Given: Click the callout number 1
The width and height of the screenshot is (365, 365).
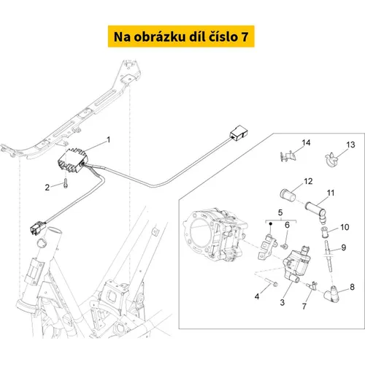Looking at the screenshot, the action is (109, 139).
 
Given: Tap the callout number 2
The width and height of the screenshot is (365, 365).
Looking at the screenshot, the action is (47, 188).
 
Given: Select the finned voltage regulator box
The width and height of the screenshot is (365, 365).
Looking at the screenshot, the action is (73, 161).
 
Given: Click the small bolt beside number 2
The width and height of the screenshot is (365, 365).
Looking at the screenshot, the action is (65, 183).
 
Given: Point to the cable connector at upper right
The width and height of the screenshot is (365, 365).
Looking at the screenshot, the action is (239, 132).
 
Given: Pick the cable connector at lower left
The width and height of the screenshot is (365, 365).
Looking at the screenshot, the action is (38, 228).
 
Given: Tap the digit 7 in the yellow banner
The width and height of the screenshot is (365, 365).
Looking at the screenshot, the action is (245, 37).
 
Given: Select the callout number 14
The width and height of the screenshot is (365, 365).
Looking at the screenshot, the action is (306, 142).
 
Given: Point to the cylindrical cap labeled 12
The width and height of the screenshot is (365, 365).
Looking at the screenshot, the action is (288, 195).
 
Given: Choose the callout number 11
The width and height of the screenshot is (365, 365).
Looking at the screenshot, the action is (331, 193).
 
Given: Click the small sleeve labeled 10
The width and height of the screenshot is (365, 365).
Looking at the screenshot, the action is (325, 232).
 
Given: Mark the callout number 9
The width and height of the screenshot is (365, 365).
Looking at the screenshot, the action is (343, 247).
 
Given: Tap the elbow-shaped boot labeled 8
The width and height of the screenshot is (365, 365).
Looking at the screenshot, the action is (331, 292).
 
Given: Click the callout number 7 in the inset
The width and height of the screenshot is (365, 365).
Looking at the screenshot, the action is (304, 307).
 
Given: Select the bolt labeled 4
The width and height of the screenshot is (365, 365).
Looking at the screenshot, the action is (271, 282).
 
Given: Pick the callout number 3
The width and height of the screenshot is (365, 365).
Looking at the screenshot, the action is (282, 302).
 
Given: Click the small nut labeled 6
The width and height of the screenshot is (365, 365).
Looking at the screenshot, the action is (284, 247).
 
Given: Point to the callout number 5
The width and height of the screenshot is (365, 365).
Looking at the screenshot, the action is (280, 212).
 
